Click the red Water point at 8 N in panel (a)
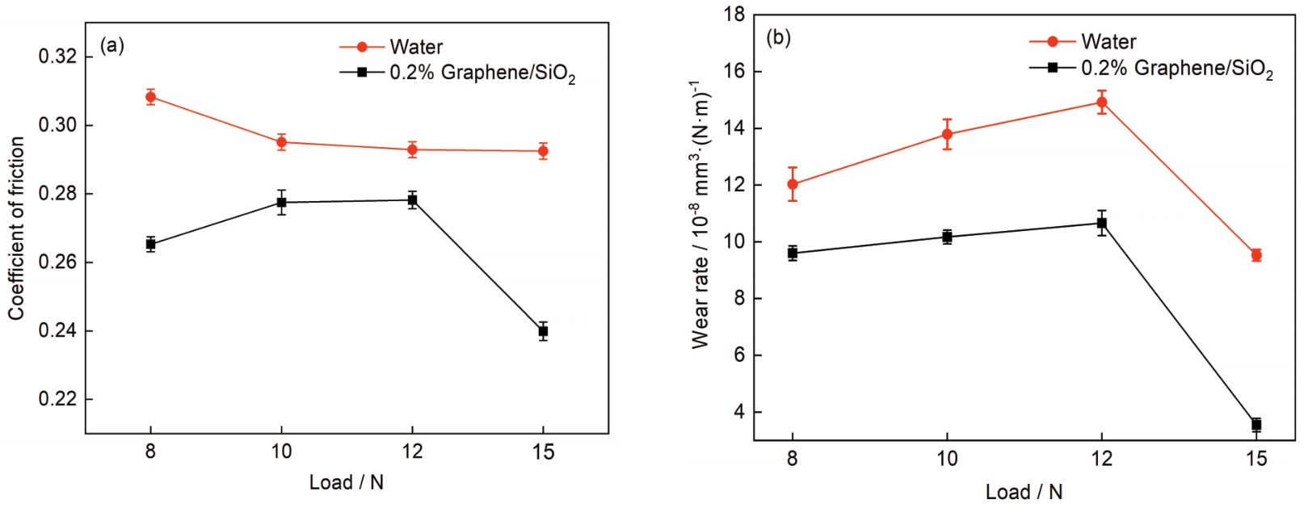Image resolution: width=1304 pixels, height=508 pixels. (150, 97)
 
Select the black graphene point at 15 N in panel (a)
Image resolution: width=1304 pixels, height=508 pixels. (543, 331)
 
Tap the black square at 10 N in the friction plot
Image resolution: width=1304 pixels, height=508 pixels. (281, 202)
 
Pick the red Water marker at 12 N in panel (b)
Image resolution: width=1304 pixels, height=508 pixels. (1101, 102)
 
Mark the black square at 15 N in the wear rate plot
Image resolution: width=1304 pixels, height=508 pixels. (1256, 424)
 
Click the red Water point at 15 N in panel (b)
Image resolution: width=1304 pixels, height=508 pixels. (1256, 255)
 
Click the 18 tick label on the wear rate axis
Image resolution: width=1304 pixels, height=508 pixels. (732, 15)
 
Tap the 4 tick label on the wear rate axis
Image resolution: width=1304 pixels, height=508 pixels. (738, 412)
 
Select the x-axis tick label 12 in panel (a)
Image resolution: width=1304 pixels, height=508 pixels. (412, 451)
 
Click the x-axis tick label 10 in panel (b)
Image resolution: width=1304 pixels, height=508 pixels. (947, 459)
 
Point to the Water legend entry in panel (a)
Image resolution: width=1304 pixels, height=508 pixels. (415, 47)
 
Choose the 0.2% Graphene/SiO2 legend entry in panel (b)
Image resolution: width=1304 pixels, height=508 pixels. (1176, 69)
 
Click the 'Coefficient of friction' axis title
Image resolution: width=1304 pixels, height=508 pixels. (16, 228)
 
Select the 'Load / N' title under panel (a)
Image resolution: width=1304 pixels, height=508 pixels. (346, 482)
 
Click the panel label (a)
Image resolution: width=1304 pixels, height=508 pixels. (111, 45)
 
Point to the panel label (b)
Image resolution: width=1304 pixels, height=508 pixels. (778, 37)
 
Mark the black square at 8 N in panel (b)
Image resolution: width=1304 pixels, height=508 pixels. (793, 253)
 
